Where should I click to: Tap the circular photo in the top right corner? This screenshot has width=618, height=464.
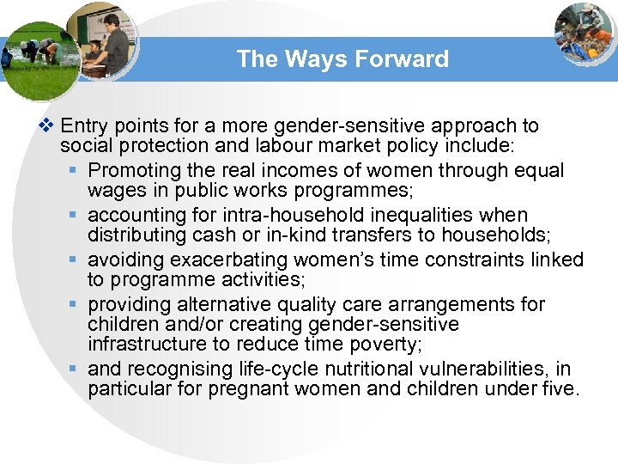[585, 32]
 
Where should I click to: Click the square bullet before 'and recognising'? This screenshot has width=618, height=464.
[76, 370]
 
